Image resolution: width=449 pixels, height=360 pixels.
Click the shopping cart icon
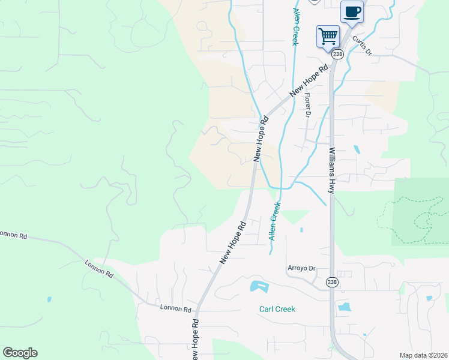(328, 36)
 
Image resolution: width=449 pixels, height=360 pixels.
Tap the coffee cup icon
(352, 11)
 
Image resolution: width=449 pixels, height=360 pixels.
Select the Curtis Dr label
(363, 46)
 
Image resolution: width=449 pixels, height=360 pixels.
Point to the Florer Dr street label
(307, 104)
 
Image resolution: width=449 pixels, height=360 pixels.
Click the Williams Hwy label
(331, 170)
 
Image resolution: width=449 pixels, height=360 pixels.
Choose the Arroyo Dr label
(301, 268)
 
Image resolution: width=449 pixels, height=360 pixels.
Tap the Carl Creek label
(277, 310)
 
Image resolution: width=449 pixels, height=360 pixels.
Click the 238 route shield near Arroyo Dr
(332, 281)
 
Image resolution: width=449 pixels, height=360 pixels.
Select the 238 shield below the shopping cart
(337, 55)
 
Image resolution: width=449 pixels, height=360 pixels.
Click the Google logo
(20, 353)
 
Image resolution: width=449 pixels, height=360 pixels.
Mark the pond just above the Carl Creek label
(258, 286)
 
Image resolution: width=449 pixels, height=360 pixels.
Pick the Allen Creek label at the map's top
(296, 27)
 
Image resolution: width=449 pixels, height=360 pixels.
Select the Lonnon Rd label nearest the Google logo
(99, 268)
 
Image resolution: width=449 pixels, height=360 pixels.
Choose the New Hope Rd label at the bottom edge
(194, 338)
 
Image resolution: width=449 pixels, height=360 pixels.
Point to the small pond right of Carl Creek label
(344, 307)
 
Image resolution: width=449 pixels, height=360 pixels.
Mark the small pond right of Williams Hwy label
(357, 149)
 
